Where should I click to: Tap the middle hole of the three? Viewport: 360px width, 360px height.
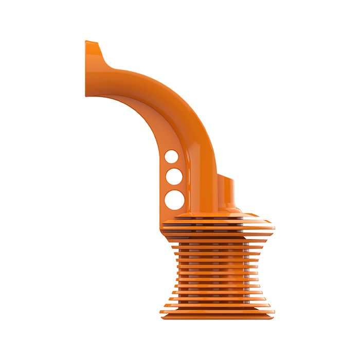pyautogui.click(x=173, y=176)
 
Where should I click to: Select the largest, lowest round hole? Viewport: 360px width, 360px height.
pyautogui.click(x=174, y=200)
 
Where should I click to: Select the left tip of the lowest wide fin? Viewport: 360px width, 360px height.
pyautogui.click(x=161, y=311)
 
